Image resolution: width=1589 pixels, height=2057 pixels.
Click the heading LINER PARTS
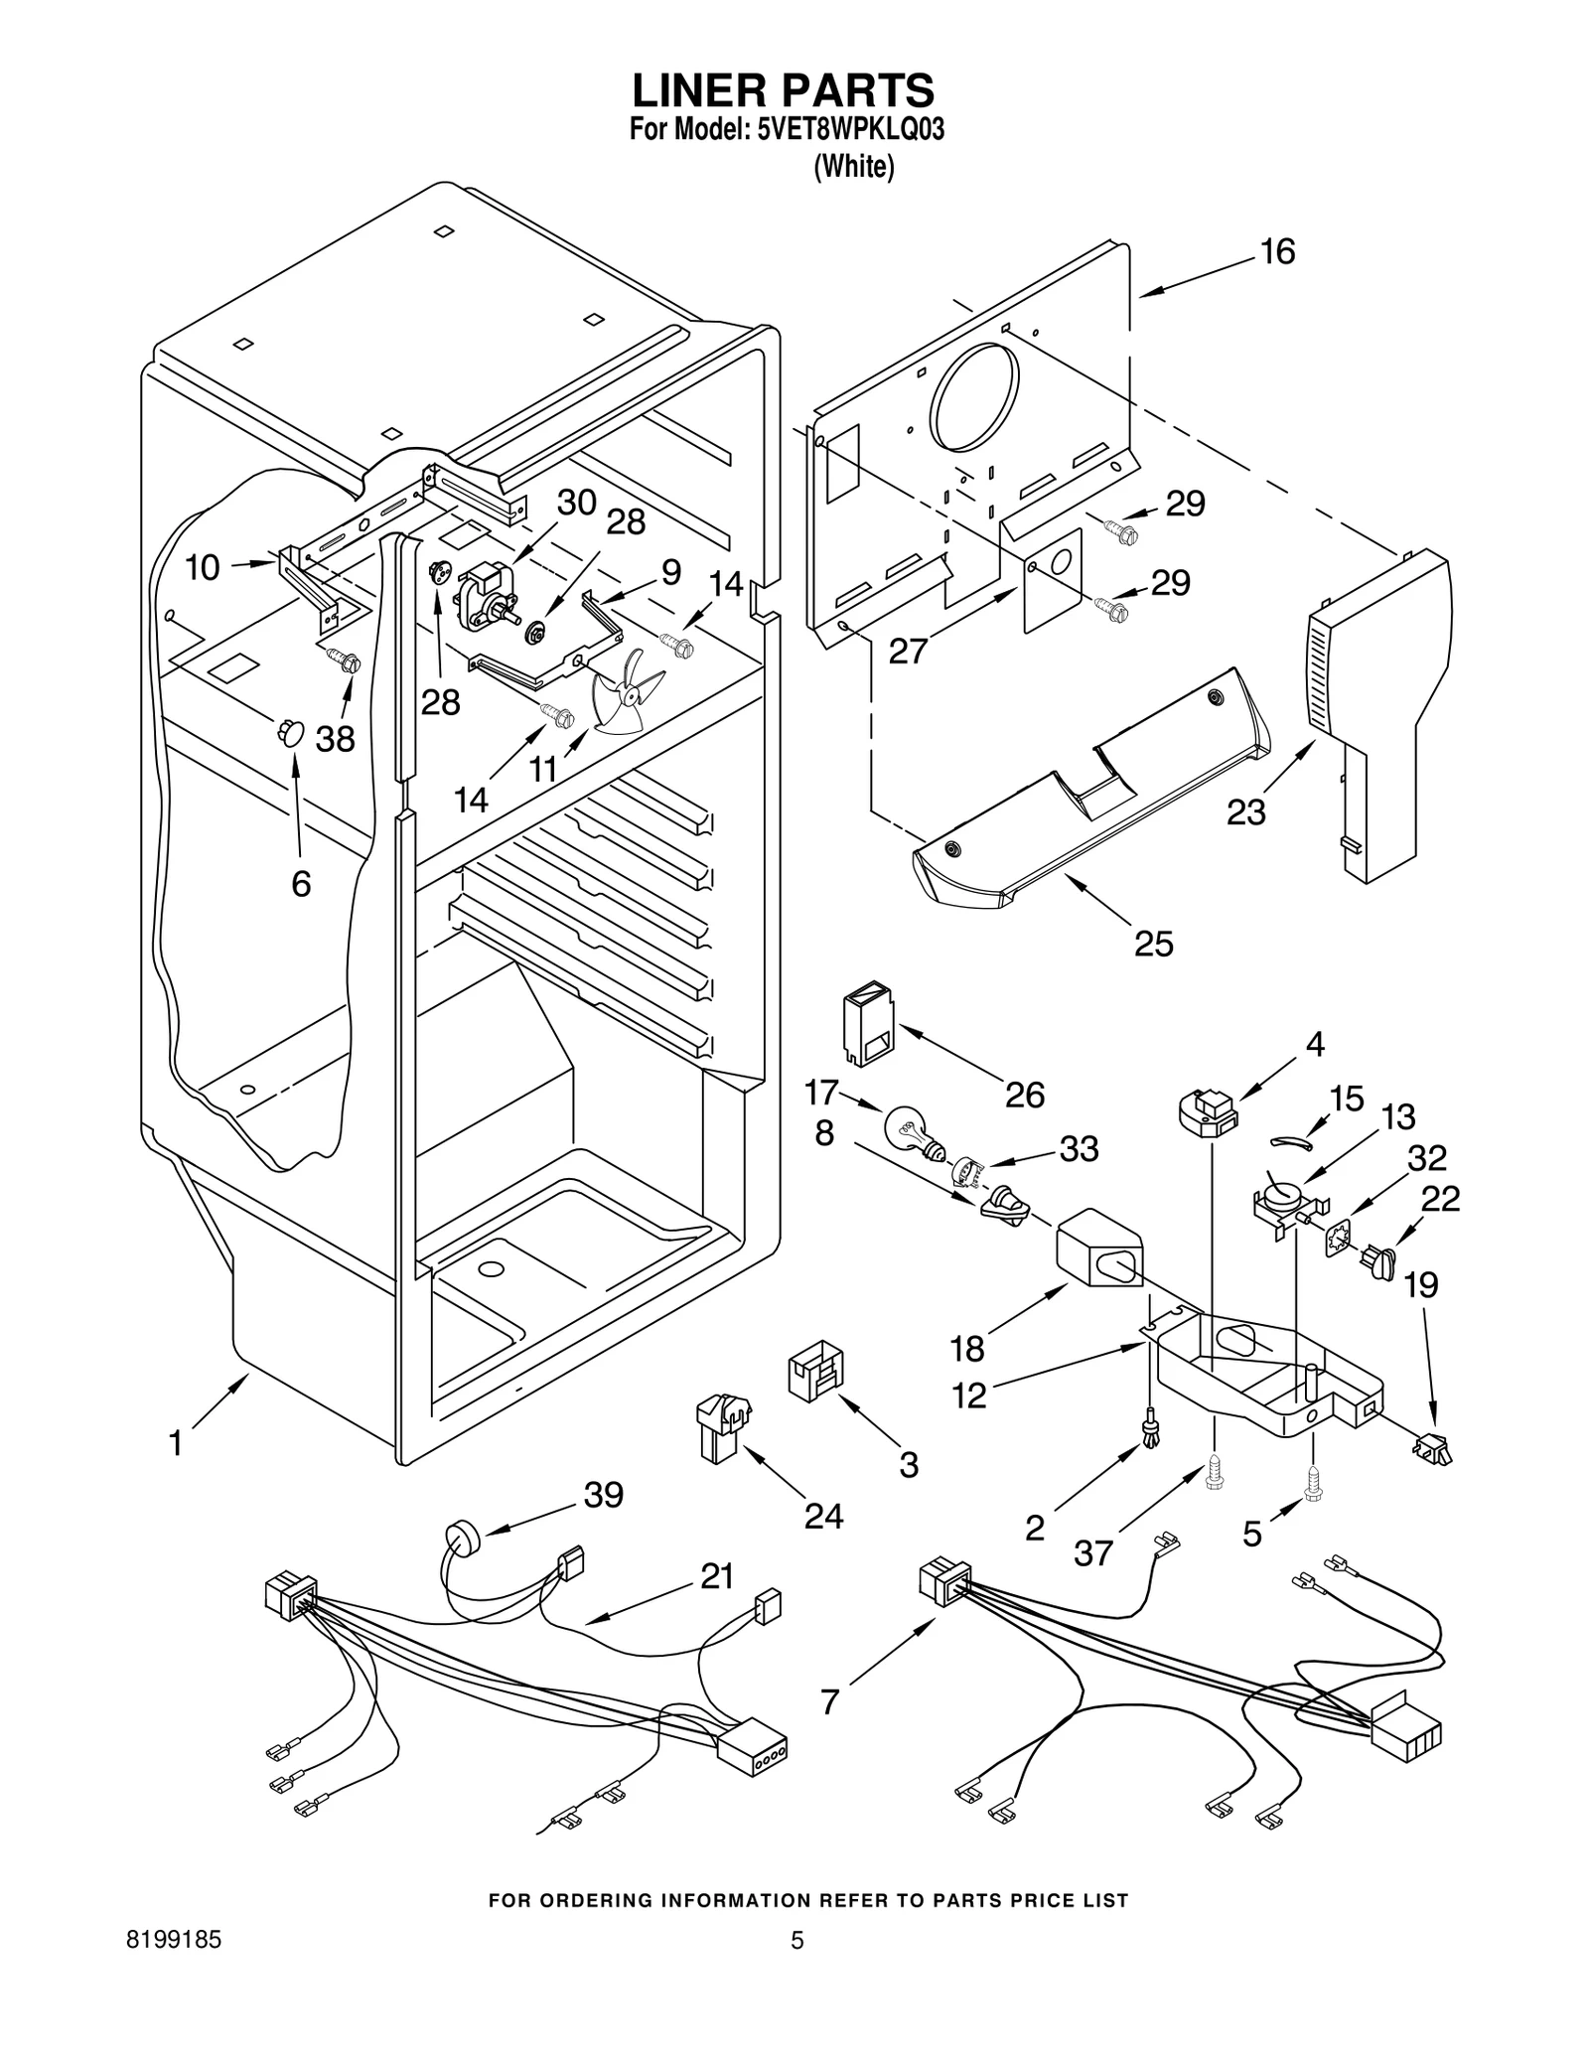click(784, 90)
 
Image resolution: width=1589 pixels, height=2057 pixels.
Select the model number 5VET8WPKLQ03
click(849, 132)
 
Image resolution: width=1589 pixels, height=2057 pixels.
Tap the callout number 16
click(1277, 252)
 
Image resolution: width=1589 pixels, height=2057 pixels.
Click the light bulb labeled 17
click(911, 1130)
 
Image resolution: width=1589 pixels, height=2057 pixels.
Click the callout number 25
click(1153, 943)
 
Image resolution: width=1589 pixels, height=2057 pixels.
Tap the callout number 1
click(176, 1442)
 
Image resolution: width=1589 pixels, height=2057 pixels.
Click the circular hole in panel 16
click(973, 396)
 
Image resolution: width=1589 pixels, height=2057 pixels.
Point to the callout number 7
click(830, 1701)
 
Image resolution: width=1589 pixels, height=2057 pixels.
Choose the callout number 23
click(1245, 811)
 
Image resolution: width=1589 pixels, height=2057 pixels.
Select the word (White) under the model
click(853, 168)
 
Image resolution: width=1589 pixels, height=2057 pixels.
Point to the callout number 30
click(576, 503)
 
